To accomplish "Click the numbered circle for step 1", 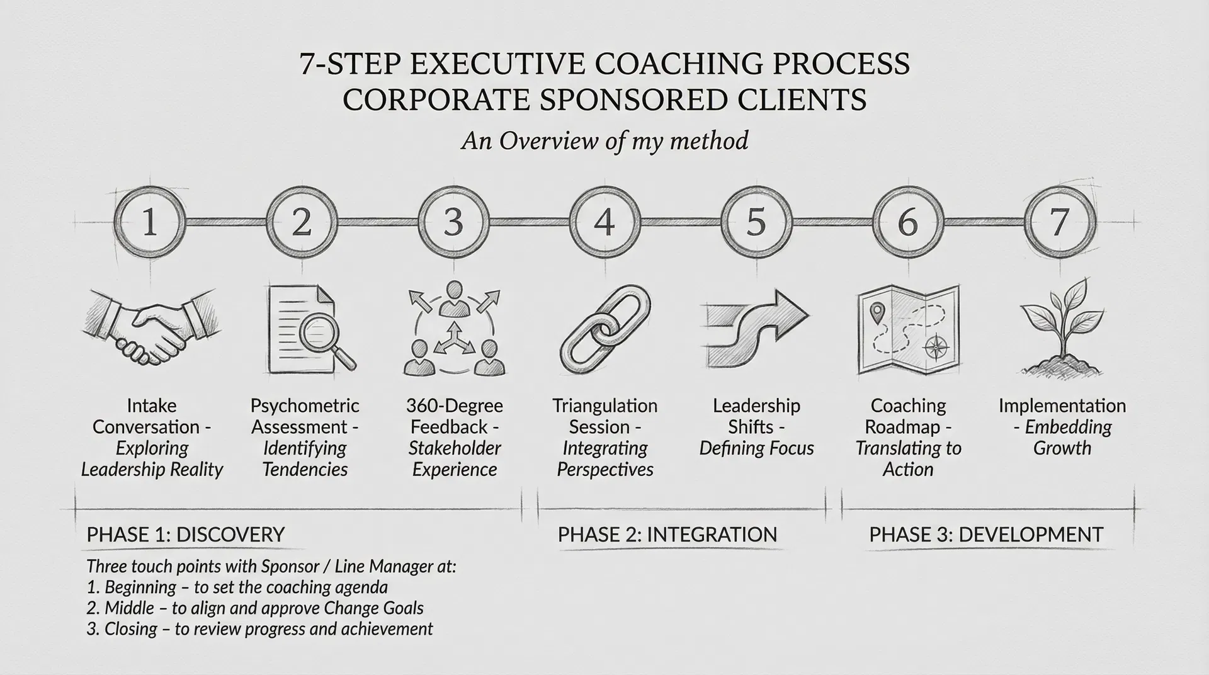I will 149,222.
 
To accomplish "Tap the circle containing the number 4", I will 604,222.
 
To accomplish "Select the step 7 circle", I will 1060,222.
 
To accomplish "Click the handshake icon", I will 153,327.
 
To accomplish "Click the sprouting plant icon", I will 1062,327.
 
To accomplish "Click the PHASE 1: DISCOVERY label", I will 186,535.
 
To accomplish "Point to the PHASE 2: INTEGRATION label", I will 667,535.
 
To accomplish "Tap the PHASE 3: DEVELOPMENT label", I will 986,535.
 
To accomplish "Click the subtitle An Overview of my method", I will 604,140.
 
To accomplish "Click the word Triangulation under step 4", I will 604,406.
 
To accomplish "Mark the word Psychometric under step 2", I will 305,406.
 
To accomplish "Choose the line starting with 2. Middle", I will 255,608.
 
